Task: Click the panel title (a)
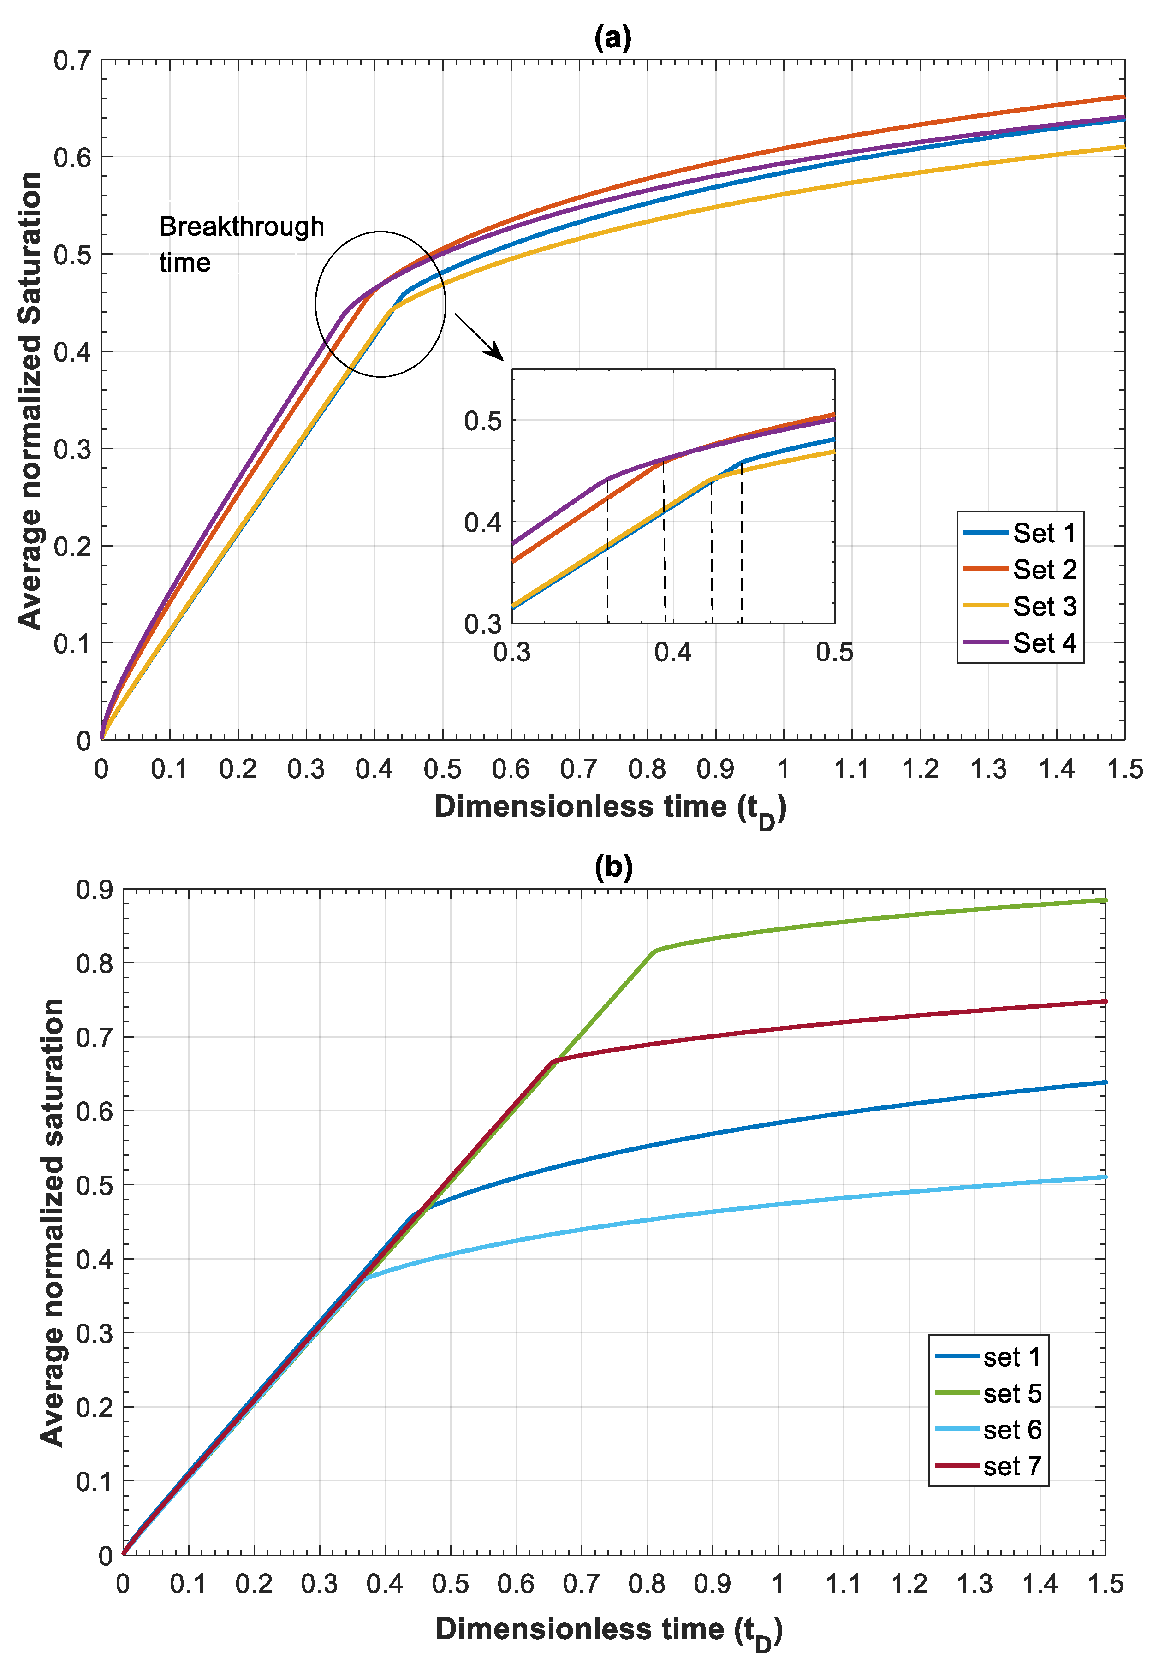pos(612,37)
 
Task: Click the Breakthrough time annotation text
pos(241,244)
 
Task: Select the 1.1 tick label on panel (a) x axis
pos(851,769)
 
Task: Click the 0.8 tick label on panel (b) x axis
pos(647,1584)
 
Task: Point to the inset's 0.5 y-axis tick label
pos(483,420)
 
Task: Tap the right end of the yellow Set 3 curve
pos(1123,147)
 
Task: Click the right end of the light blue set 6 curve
pos(1105,1177)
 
